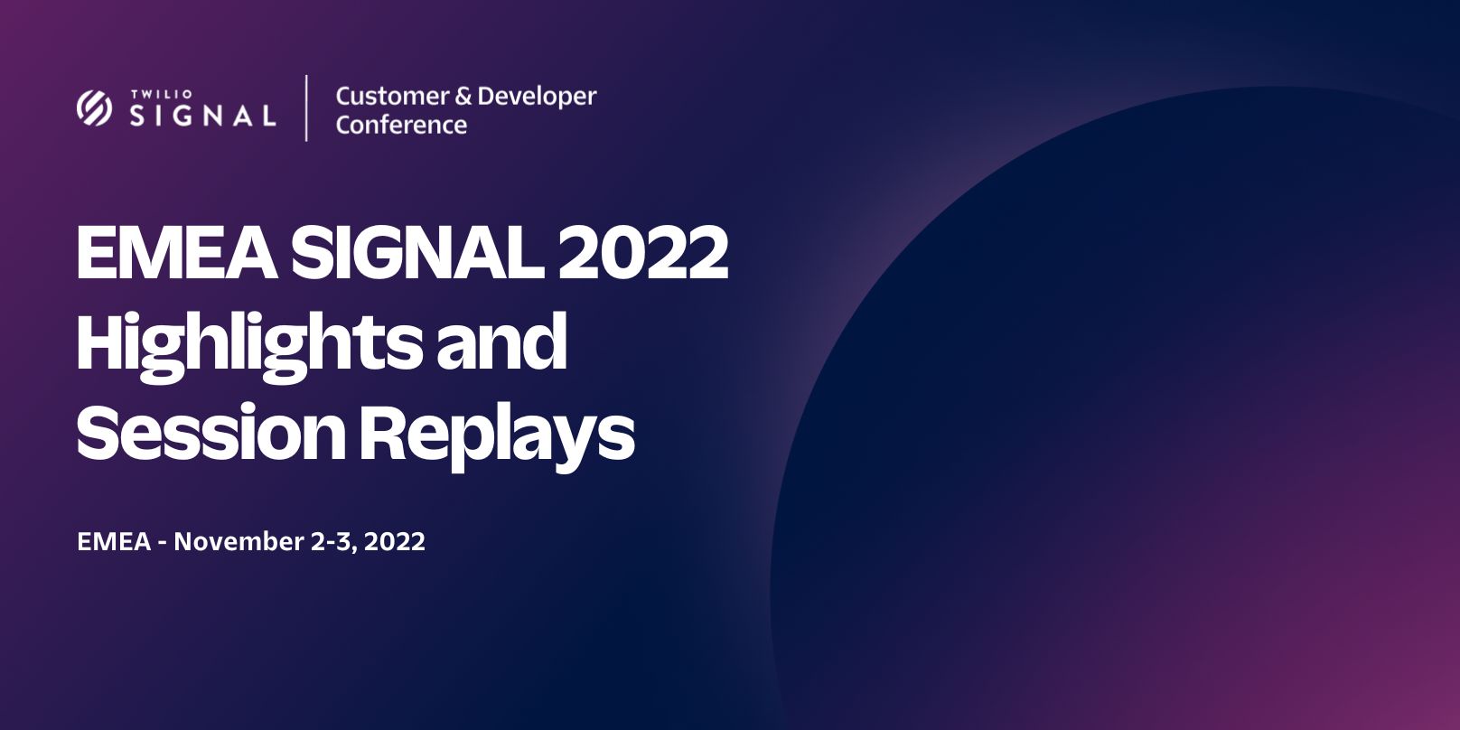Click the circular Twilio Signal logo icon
point(95,108)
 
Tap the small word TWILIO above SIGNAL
point(162,94)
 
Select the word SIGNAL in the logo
point(202,116)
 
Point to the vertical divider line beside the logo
point(306,108)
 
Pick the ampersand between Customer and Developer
point(463,97)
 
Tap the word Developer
point(537,98)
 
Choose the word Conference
point(401,125)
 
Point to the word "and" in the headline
point(501,342)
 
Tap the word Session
point(211,432)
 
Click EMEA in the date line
point(114,542)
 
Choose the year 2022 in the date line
point(394,542)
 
